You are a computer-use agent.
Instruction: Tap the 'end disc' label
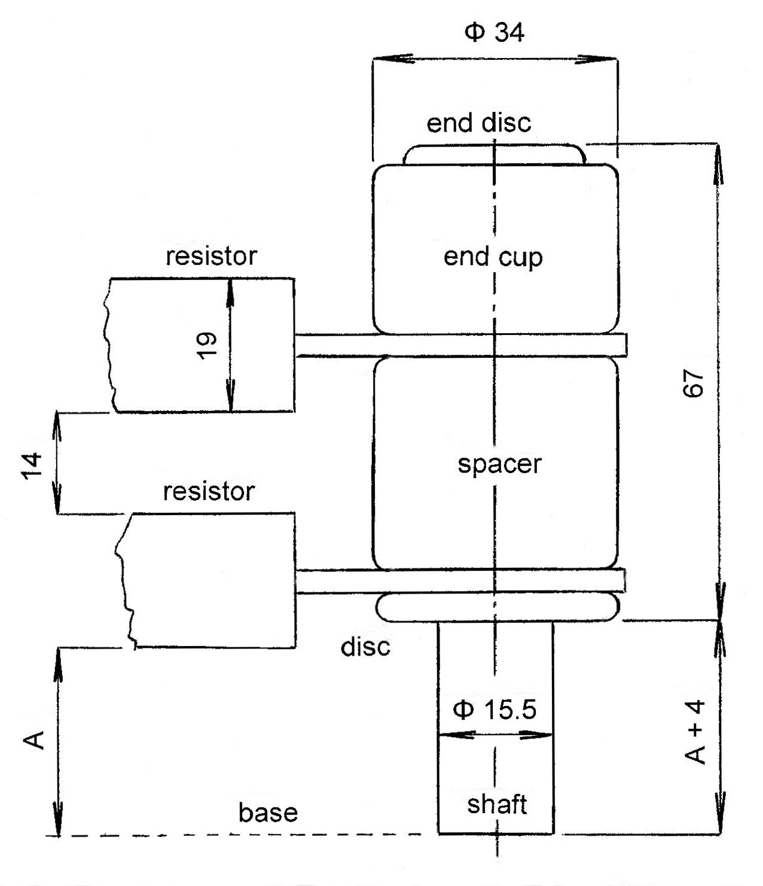478,123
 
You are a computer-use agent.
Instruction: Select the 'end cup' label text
493,257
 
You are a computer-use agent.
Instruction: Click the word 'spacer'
499,464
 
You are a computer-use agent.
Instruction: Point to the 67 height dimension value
694,383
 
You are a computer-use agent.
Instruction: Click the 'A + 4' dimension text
695,733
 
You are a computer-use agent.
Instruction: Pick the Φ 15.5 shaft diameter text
495,710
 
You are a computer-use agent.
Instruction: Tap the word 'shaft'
497,805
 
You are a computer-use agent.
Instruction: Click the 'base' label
268,812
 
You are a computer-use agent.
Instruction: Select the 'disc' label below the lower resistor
365,646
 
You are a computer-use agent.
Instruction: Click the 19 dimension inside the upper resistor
207,345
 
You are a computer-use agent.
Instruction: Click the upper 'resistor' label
211,256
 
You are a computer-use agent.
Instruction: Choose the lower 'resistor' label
209,491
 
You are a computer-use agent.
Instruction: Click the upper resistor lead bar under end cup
460,345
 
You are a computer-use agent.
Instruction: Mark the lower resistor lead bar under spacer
460,580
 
